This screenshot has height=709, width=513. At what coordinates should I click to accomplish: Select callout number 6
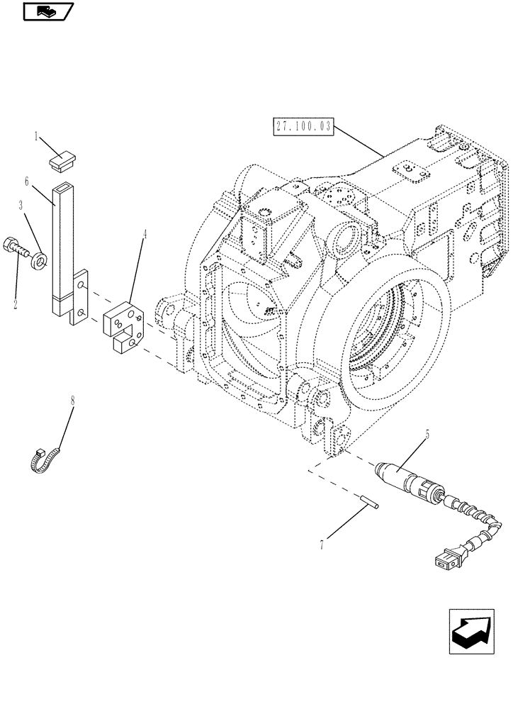point(26,182)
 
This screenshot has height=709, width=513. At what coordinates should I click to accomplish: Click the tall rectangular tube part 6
point(62,248)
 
